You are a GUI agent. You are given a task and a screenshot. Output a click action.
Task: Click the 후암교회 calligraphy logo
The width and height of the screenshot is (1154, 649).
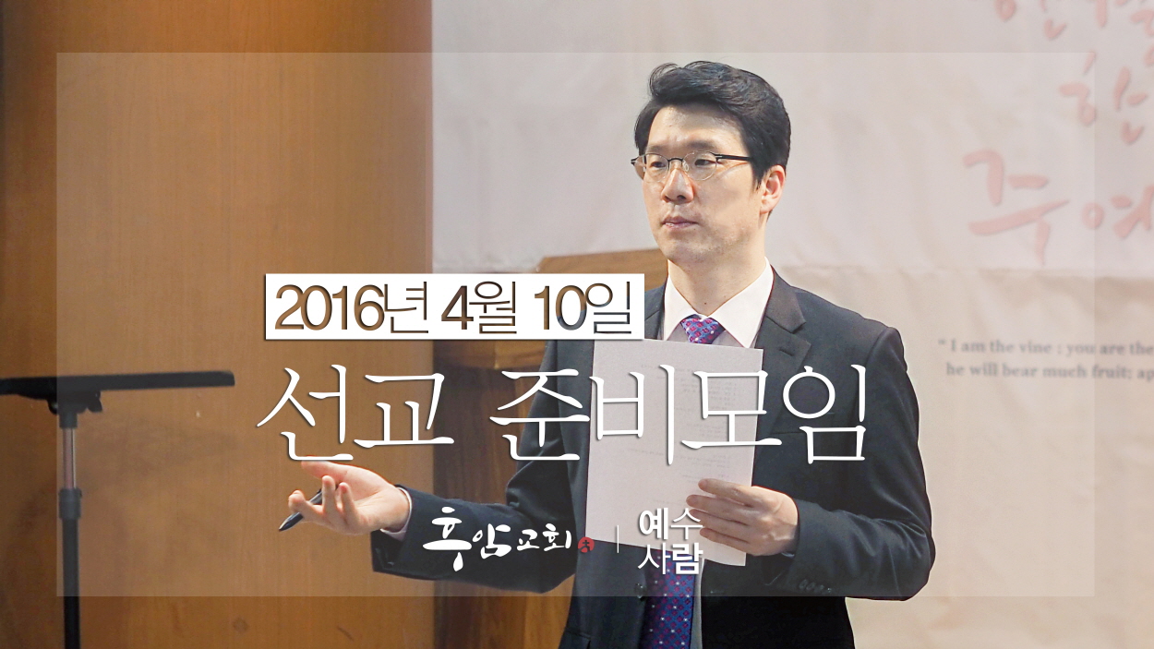point(497,536)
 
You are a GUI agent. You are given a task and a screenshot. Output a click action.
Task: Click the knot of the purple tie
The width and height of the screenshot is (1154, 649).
point(703,330)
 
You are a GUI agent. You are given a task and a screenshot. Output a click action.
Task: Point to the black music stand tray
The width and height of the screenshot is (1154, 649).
point(116,381)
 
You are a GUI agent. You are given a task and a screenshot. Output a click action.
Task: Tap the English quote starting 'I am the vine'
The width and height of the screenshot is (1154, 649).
point(1043,358)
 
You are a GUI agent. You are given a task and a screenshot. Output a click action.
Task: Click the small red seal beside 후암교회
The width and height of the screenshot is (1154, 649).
point(583,546)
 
